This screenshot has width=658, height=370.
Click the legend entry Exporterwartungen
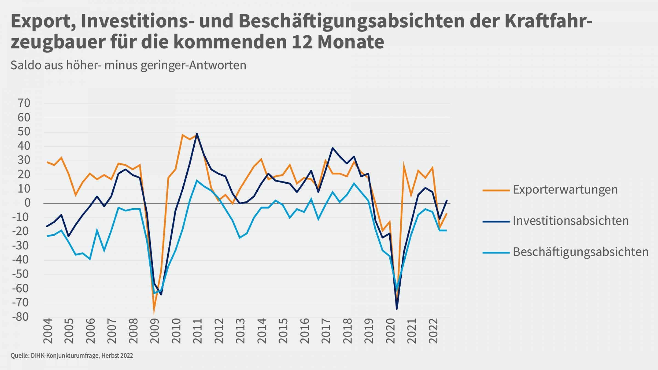(565, 190)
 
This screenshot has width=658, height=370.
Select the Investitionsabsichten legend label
(571, 221)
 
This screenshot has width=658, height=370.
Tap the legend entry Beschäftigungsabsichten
(580, 252)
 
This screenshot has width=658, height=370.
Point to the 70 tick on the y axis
(24, 103)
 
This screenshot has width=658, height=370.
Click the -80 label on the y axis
(21, 317)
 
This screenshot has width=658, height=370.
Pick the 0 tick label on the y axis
(27, 203)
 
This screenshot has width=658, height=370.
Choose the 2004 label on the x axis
(48, 331)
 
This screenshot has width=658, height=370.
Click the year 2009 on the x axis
(155, 331)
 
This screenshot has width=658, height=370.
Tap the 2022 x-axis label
(433, 331)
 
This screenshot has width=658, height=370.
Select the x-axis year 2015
(283, 331)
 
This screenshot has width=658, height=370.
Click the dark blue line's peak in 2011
(197, 134)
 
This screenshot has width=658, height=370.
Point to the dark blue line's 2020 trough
(397, 309)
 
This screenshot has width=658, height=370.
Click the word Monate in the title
(351, 42)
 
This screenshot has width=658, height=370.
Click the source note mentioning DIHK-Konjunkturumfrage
(72, 356)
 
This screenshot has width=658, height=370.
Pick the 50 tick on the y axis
(24, 132)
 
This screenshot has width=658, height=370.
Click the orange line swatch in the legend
(496, 190)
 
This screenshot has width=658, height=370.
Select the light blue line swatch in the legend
(496, 252)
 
